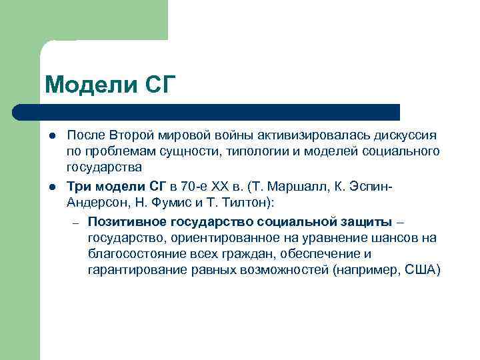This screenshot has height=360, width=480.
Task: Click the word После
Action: [85, 136]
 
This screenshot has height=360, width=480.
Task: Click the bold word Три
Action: [78, 185]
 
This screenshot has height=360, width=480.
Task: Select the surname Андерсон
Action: [93, 201]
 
